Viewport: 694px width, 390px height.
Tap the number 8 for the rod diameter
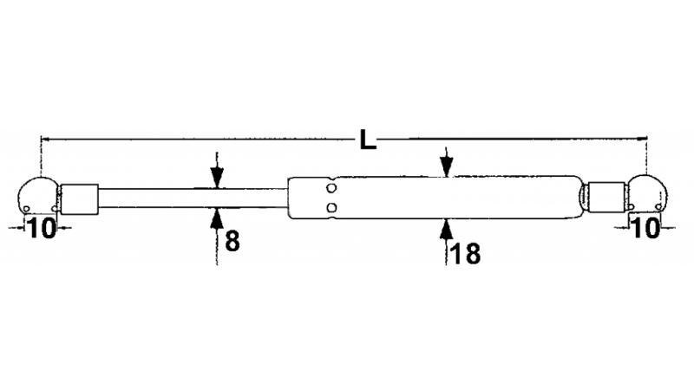coord(232,240)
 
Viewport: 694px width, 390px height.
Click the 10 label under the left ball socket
coord(40,229)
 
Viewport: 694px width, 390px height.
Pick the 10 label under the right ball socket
coord(645,229)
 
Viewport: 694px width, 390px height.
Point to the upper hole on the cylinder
coord(332,187)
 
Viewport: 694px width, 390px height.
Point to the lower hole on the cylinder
coord(332,207)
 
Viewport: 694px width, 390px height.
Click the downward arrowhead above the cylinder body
coord(446,170)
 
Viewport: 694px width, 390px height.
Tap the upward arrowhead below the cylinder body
coord(446,227)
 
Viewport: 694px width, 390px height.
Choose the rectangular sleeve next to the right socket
coord(606,196)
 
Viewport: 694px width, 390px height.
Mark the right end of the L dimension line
coord(646,138)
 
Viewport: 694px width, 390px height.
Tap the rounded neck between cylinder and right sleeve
coord(581,197)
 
